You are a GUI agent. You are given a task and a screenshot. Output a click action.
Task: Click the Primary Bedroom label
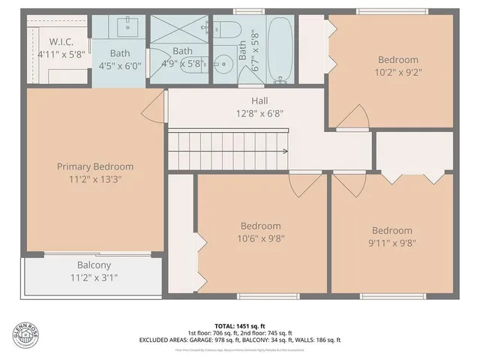pyautogui.click(x=95, y=166)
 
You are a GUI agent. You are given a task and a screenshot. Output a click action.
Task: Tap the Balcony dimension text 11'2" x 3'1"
pyautogui.click(x=94, y=277)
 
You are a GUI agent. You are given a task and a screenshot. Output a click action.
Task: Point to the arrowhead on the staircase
pyautogui.click(x=286, y=151)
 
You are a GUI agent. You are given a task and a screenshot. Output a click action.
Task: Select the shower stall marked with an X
pyautogui.click(x=180, y=30)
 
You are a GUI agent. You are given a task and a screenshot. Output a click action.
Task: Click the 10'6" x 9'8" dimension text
pyautogui.click(x=260, y=239)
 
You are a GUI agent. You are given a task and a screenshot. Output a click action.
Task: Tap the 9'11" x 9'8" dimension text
pyautogui.click(x=391, y=244)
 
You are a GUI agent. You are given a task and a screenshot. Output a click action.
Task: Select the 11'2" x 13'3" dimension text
pyautogui.click(x=95, y=180)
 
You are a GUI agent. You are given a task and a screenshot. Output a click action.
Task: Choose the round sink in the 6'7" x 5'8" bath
pyautogui.click(x=223, y=61)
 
